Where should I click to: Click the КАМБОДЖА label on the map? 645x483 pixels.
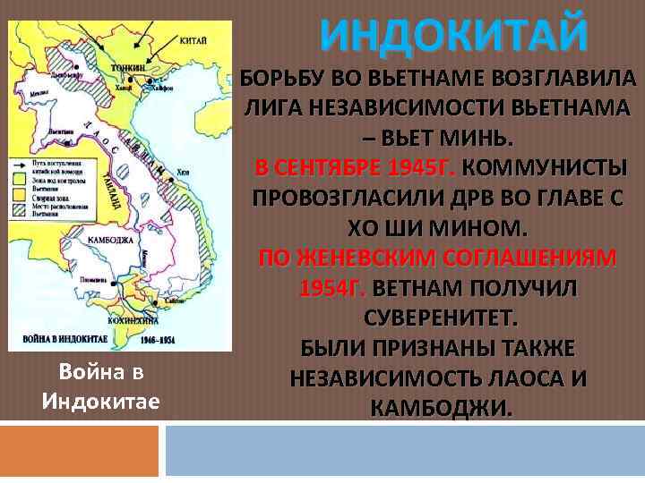[x=112, y=241]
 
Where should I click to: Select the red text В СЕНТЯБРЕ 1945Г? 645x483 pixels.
[x=356, y=168]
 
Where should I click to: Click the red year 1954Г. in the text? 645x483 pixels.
[x=330, y=289]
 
